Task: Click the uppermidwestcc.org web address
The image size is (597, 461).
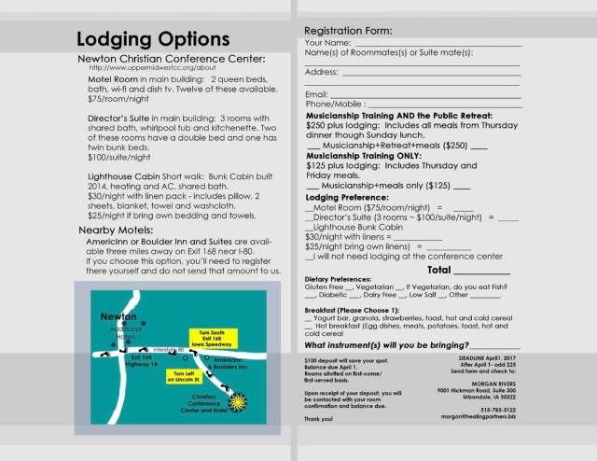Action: coord(153,67)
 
